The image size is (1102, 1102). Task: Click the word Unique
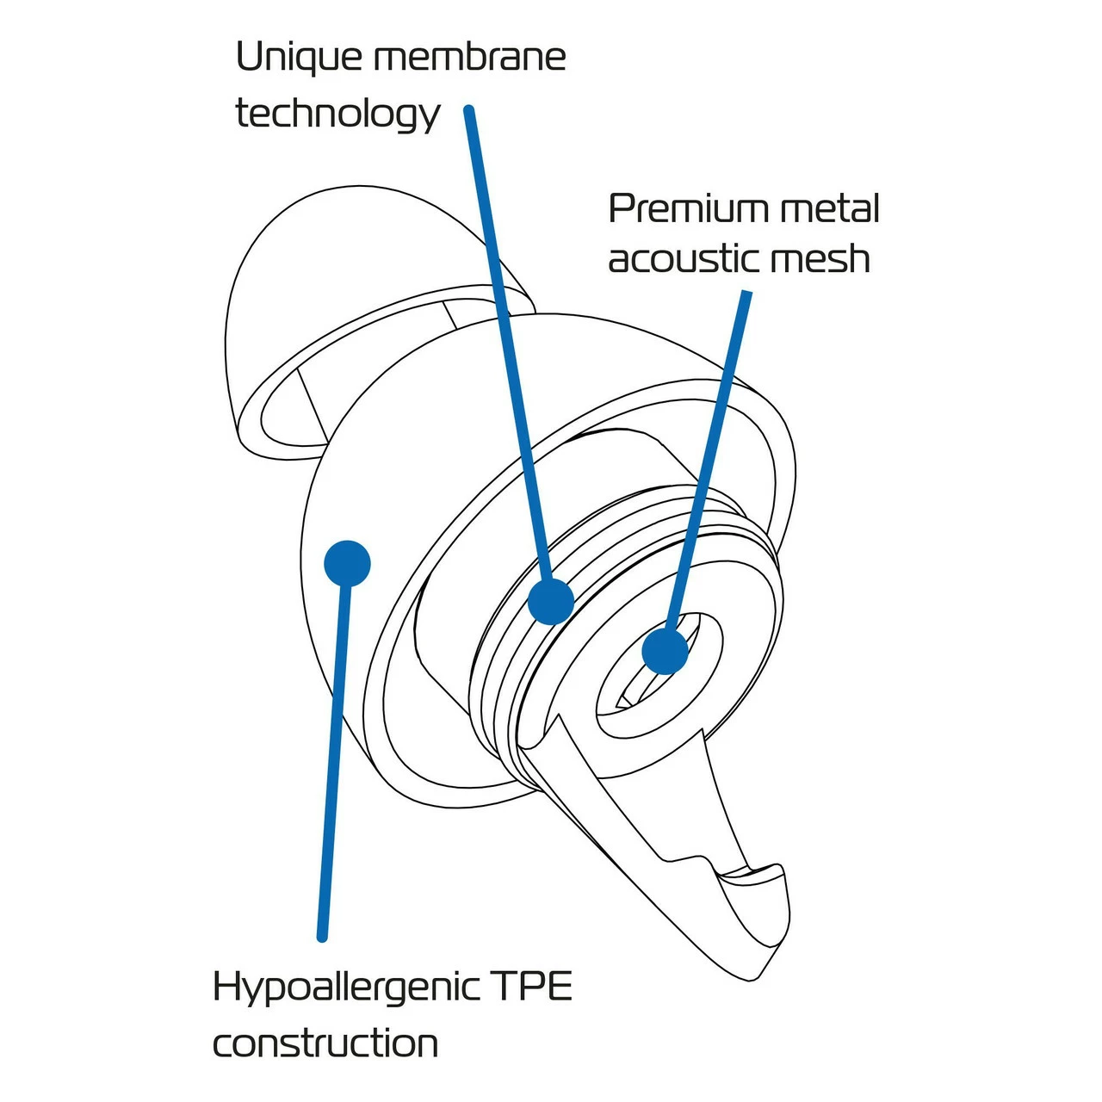click(x=298, y=59)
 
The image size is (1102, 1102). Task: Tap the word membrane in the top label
click(x=470, y=58)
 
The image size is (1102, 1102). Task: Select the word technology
click(x=337, y=115)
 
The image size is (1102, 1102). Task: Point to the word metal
click(x=829, y=209)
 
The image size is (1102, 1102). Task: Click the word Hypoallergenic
click(x=347, y=987)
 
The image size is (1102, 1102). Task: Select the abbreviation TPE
click(x=532, y=987)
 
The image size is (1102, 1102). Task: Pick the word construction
click(x=325, y=1043)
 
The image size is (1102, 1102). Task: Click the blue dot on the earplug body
click(x=347, y=564)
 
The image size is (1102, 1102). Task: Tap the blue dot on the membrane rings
click(x=551, y=601)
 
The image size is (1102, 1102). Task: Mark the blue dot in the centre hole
click(x=666, y=650)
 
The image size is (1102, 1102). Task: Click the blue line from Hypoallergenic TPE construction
click(x=334, y=758)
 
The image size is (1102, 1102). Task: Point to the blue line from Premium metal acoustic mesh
click(x=710, y=448)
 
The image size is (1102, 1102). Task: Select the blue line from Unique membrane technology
click(x=508, y=344)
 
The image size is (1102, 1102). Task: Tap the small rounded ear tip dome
click(x=284, y=284)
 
